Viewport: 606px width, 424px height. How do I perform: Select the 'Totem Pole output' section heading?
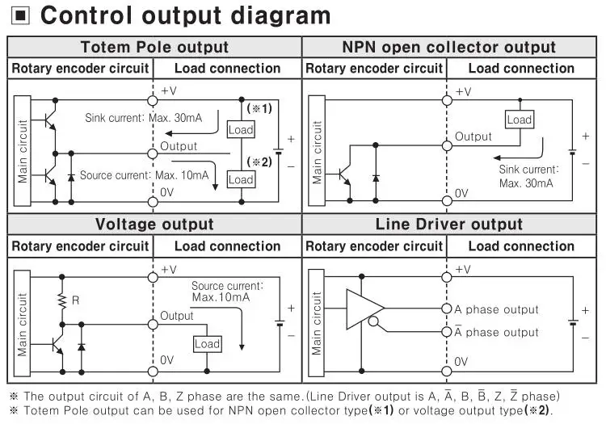(x=154, y=48)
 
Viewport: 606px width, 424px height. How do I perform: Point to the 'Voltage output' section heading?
(x=154, y=225)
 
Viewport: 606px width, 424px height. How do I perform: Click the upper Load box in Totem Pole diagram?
(x=241, y=129)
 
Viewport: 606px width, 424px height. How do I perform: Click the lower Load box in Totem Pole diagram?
(x=241, y=179)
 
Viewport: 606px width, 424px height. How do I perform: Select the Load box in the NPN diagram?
(x=519, y=120)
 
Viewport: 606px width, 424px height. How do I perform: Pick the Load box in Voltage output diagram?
(x=207, y=343)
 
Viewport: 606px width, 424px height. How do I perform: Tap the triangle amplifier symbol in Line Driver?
(x=364, y=308)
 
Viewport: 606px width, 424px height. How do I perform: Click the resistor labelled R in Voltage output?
(x=61, y=301)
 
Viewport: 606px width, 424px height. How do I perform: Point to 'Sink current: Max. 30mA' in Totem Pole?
(x=143, y=118)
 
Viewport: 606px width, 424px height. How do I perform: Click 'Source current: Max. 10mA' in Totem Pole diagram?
(x=145, y=174)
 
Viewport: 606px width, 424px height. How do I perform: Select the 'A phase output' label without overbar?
(x=496, y=309)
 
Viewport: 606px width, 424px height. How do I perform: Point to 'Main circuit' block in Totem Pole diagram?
(x=22, y=151)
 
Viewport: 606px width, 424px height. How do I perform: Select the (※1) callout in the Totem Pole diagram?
(x=259, y=108)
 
